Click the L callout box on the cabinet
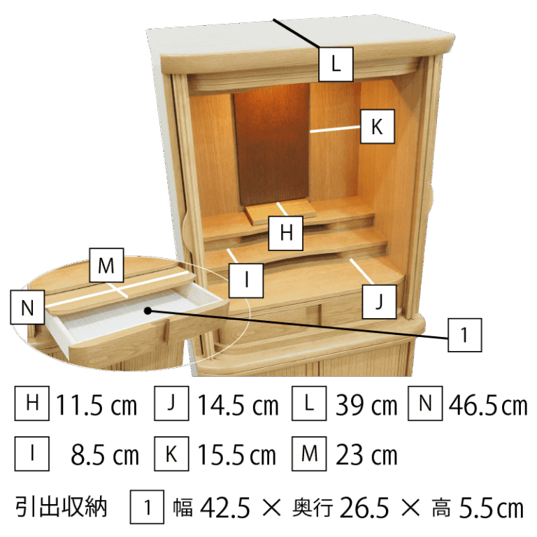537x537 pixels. tap(336, 64)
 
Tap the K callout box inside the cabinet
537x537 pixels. tap(378, 127)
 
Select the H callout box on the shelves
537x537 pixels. tap(285, 234)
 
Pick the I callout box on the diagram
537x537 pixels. tap(246, 280)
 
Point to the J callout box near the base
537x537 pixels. tap(379, 302)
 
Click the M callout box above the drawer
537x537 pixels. tap(106, 266)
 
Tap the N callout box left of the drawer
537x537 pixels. tap(27, 307)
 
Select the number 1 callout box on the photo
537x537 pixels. tap(465, 335)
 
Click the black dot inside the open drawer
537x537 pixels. tap(148, 310)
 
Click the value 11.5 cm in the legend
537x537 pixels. tap(96, 405)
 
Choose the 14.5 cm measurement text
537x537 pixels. tap(238, 405)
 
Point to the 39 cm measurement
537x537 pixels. tap(366, 405)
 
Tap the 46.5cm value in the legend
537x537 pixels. tap(488, 405)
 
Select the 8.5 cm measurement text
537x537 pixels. tap(104, 454)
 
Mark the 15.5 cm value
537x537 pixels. tap(236, 454)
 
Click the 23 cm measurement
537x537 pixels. tap(366, 454)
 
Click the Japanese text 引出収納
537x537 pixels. tap(62, 507)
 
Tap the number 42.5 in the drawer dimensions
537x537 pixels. tap(225, 508)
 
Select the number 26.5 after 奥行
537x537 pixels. tap(364, 508)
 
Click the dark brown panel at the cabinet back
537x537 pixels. tap(272, 144)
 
